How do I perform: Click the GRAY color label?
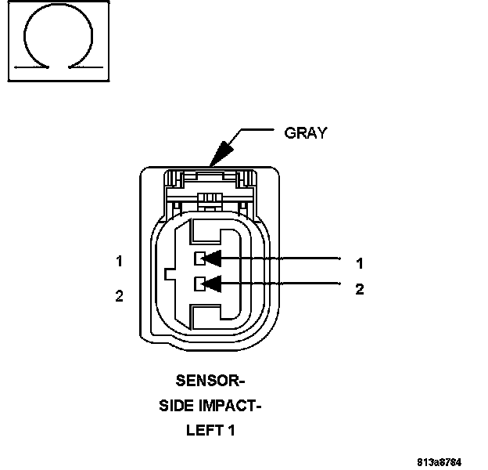pyautogui.click(x=305, y=132)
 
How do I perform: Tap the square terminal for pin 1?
pyautogui.click(x=200, y=257)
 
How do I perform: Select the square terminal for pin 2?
pyautogui.click(x=200, y=282)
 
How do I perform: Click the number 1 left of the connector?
pyautogui.click(x=119, y=262)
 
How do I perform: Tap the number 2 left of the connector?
pyautogui.click(x=119, y=296)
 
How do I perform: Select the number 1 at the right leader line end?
pyautogui.click(x=360, y=263)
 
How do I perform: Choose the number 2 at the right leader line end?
pyautogui.click(x=360, y=289)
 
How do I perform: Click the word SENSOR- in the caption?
pyautogui.click(x=210, y=381)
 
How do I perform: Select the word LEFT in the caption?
pyautogui.click(x=203, y=430)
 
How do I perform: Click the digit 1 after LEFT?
pyautogui.click(x=231, y=430)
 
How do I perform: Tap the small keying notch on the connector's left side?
pyautogui.click(x=171, y=273)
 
